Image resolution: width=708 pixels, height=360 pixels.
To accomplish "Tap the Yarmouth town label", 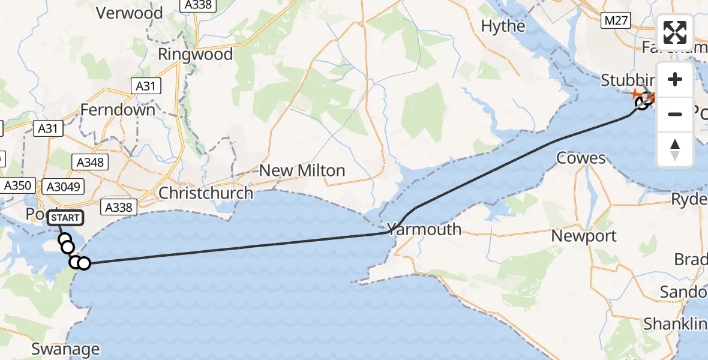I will point(424,229).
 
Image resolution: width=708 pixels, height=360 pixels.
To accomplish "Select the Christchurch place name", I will point(206,193).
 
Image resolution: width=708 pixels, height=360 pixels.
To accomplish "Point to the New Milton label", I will point(302,170).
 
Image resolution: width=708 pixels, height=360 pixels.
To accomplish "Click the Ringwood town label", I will point(195,55).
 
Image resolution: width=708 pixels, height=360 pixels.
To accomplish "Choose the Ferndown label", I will point(118,110).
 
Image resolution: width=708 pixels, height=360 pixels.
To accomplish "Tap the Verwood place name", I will point(129,13).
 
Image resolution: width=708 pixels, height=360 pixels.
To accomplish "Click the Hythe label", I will point(503,26).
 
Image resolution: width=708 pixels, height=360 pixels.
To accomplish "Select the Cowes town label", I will point(581,158).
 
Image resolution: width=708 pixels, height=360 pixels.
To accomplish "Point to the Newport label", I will point(584,236).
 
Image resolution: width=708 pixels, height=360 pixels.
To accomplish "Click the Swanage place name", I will point(65,349).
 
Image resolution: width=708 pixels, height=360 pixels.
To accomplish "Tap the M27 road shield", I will point(616,21).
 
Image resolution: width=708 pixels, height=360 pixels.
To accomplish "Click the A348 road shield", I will point(91,162).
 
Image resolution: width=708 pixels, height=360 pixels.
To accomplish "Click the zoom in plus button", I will point(675,80).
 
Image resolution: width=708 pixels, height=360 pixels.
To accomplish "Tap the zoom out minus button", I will point(675,114).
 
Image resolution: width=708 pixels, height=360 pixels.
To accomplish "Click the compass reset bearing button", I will point(675,149).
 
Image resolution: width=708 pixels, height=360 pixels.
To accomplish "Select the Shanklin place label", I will point(676,325).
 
